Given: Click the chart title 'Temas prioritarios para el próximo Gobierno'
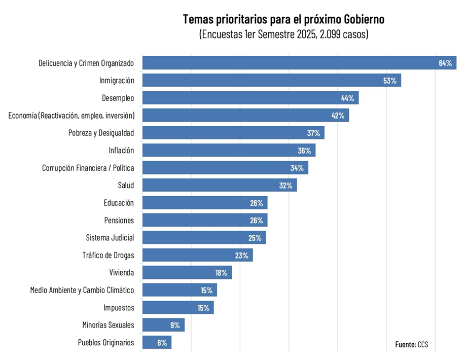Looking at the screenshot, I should point(283,20).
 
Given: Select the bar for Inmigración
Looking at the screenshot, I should point(271,80).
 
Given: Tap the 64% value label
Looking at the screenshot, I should point(445,63).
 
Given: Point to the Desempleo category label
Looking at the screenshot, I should point(118,98).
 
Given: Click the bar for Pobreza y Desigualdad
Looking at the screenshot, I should point(233,133).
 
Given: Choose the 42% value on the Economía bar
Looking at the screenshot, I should point(338,116).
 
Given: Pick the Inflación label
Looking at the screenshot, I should point(121,150).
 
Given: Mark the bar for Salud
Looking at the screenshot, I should point(219,185).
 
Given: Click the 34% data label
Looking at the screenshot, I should point(297,168).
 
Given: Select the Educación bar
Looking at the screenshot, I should point(204,203).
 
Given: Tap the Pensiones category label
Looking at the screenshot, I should point(119,220).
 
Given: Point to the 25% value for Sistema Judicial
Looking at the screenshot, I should point(255,238).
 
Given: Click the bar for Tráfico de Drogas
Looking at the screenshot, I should point(197,255).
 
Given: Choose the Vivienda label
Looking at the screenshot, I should point(122,272).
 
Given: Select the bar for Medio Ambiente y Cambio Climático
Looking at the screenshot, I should point(180,290).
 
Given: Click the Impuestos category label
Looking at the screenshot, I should point(119,307).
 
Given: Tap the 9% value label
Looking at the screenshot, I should point(175,325).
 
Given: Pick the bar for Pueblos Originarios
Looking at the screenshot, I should point(157,342).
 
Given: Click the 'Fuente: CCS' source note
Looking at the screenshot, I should point(412,344).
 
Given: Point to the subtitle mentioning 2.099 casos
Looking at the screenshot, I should point(283,34).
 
